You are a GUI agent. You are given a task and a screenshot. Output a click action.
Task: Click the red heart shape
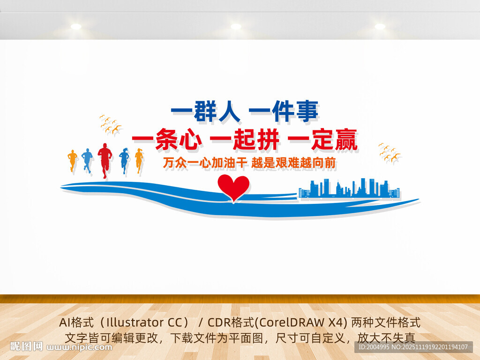coord(233,187)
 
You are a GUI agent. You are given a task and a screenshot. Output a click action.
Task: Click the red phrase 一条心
coord(166,139)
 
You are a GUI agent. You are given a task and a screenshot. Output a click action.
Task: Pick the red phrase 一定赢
coord(322,139)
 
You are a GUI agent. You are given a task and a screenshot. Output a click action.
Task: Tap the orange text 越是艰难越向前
coord(294,163)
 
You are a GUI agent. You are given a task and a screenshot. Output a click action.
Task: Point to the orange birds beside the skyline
coord(389,153)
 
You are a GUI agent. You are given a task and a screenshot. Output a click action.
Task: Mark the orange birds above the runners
coord(110,124)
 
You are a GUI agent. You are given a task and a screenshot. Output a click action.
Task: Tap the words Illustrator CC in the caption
coord(141,322)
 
